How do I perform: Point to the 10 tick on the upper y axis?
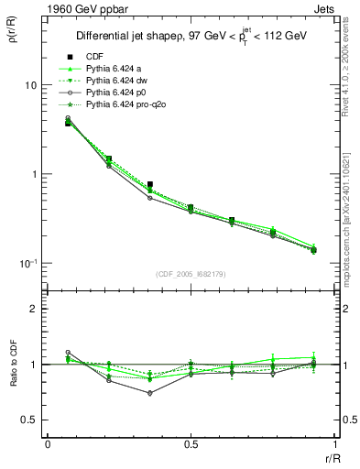click(29, 85)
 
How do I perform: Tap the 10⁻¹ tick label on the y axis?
click(27, 263)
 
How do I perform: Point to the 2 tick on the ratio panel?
click(33, 309)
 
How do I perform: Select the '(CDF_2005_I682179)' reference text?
click(190, 274)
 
